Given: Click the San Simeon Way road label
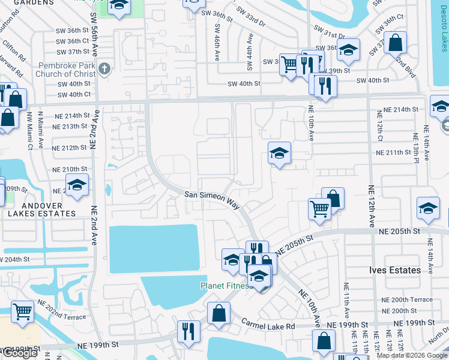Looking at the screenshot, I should [x=212, y=199].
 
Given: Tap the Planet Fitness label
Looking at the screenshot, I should [x=224, y=286].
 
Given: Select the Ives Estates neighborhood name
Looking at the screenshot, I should [x=394, y=271].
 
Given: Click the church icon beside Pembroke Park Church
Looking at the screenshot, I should [x=105, y=68].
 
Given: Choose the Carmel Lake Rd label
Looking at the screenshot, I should [x=268, y=326].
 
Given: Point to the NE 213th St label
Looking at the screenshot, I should [x=70, y=127].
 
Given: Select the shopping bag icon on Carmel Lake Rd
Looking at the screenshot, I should [x=219, y=313].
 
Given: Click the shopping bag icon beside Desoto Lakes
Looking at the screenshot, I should [x=396, y=42].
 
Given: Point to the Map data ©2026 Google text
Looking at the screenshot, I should [x=412, y=355].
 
